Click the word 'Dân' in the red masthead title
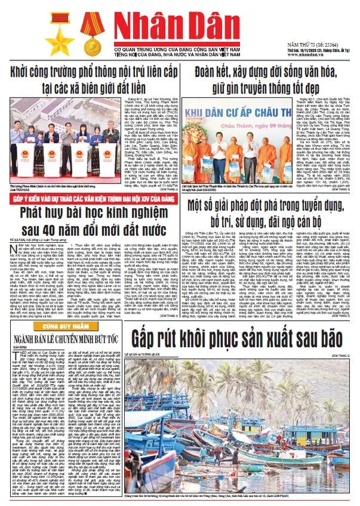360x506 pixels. pos(232,26)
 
